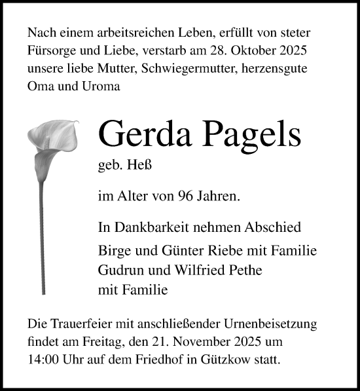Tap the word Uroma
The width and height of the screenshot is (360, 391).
(x=102, y=86)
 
